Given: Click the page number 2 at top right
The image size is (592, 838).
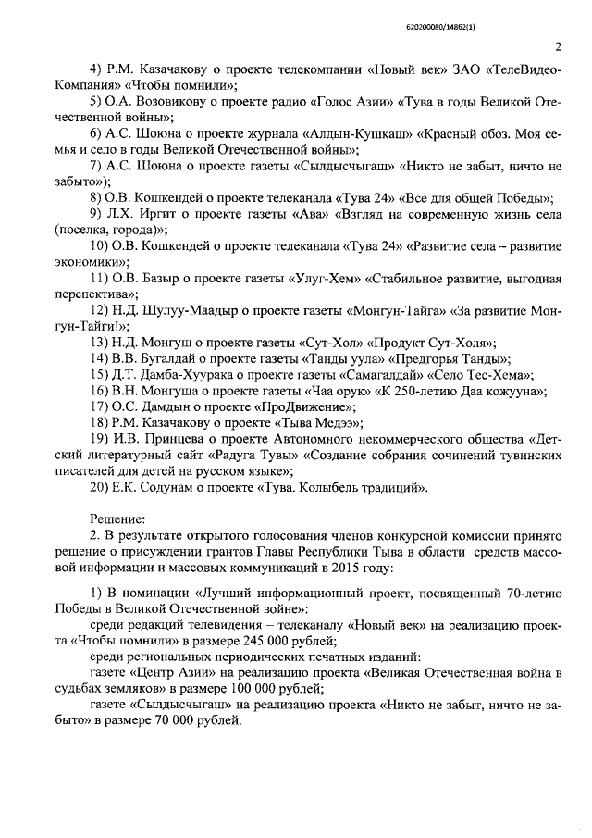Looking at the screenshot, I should coord(558,48).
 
